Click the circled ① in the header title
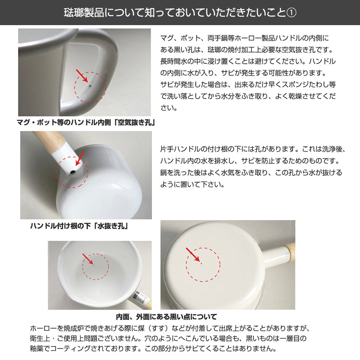point(292,13)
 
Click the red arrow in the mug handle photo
point(82,75)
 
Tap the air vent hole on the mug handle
point(90,87)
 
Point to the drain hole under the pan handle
point(72,172)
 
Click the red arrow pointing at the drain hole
point(80,158)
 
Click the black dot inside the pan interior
point(94,265)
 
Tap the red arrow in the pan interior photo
point(87,259)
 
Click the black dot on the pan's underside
point(201,263)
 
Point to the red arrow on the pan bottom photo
point(193,254)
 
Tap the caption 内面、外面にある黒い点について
point(166,317)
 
